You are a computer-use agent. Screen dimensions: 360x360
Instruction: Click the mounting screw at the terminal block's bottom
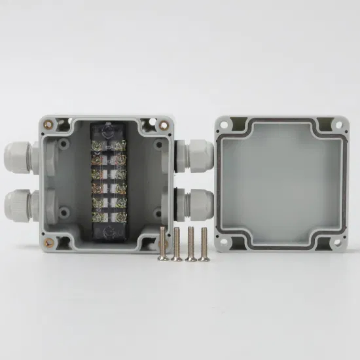[108, 230]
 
